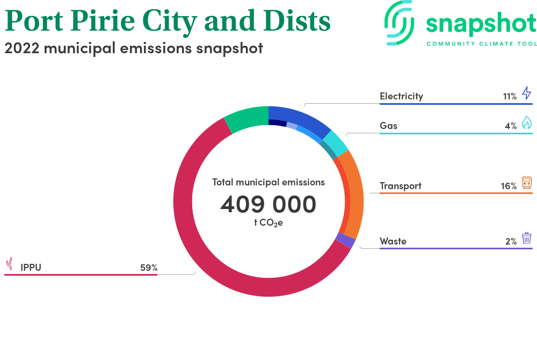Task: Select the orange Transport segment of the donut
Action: click(x=354, y=195)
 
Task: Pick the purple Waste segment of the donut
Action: click(x=345, y=240)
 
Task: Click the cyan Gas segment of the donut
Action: click(x=336, y=144)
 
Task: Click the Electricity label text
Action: click(x=401, y=96)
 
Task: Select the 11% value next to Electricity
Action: click(x=510, y=97)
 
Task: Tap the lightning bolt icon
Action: click(x=527, y=93)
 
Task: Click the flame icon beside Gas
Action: click(x=527, y=123)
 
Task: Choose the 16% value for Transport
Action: click(x=509, y=186)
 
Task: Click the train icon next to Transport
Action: click(x=527, y=183)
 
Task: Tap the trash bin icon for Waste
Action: click(x=527, y=237)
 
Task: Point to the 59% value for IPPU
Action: click(x=149, y=268)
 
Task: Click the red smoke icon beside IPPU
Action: click(x=10, y=264)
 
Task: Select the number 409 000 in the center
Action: click(x=268, y=204)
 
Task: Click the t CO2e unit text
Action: click(x=268, y=222)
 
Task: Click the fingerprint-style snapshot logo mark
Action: click(x=400, y=23)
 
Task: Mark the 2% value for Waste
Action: click(x=511, y=241)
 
